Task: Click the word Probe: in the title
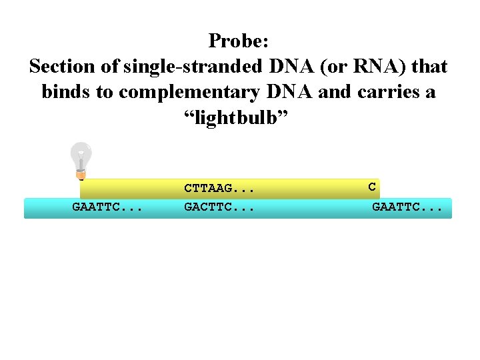(239, 41)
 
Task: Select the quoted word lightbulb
(238, 117)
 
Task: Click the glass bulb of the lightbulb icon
(81, 154)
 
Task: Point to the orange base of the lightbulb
(81, 175)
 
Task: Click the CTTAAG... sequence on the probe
(220, 189)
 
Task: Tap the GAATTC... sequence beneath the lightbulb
(107, 207)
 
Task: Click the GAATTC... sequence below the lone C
(407, 207)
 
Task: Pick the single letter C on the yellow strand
(372, 187)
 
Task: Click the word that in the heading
(430, 67)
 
